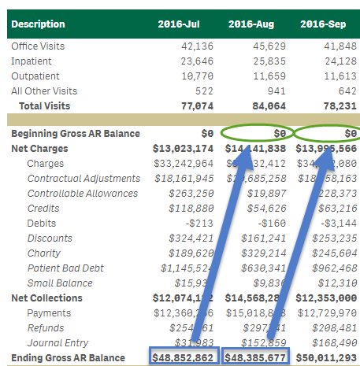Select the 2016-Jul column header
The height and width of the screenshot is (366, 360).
[x=180, y=24]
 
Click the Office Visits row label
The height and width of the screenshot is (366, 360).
[x=38, y=46]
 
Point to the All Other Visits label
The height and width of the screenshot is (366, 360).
[x=43, y=91]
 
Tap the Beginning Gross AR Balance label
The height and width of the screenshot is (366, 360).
[x=76, y=134]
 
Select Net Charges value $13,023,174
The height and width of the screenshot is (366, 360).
[x=183, y=149]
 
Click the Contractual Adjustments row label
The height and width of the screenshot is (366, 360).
[x=83, y=179]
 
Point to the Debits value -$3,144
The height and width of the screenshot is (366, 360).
[x=339, y=224]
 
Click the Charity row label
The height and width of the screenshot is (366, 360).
[x=43, y=253]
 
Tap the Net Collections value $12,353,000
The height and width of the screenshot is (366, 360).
[x=326, y=298]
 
